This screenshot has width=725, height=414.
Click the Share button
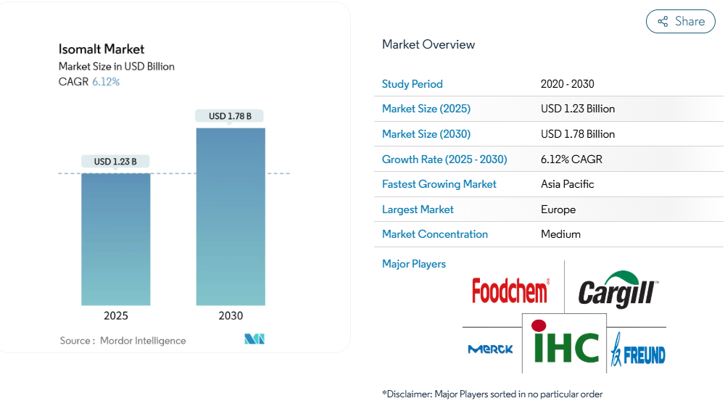pyautogui.click(x=680, y=22)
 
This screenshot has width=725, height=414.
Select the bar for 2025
pyautogui.click(x=116, y=239)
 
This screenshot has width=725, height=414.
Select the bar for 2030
pyautogui.click(x=231, y=217)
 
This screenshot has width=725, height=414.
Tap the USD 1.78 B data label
pyautogui.click(x=230, y=116)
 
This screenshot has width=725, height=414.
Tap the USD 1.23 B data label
pyautogui.click(x=115, y=161)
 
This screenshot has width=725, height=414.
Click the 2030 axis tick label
pyautogui.click(x=231, y=316)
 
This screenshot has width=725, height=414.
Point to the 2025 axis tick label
pyautogui.click(x=116, y=316)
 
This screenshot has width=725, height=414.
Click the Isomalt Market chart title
pyautogui.click(x=101, y=49)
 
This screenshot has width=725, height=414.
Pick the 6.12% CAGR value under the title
pyautogui.click(x=106, y=82)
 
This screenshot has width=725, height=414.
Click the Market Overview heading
pyautogui.click(x=428, y=44)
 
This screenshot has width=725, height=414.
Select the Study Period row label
pyautogui.click(x=412, y=84)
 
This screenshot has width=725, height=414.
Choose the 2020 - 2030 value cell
pyautogui.click(x=567, y=84)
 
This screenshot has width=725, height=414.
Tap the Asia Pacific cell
pyautogui.click(x=567, y=184)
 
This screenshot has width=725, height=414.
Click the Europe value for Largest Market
pyautogui.click(x=558, y=210)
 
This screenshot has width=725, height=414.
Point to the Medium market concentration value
pyautogui.click(x=560, y=234)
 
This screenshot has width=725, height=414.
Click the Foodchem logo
pyautogui.click(x=510, y=291)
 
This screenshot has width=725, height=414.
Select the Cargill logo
pyautogui.click(x=618, y=290)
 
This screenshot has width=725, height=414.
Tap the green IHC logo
pyautogui.click(x=565, y=344)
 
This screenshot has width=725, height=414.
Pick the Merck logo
pyautogui.click(x=490, y=349)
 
